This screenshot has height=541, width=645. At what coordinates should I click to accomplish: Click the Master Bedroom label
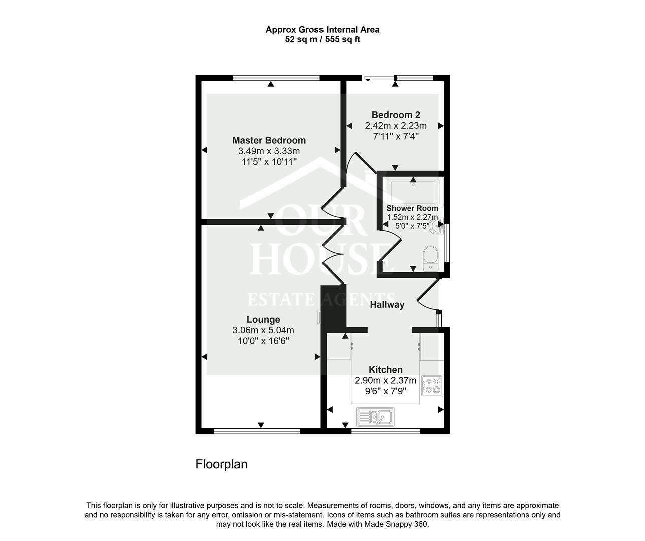269,140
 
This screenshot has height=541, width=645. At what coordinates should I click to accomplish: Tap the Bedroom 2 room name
396,115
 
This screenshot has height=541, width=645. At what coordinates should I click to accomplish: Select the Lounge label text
263,319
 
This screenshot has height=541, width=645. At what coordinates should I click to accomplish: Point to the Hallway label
387,305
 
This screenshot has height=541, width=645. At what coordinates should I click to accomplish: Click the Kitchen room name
385,370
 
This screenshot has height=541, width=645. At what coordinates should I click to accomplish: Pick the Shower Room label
412,208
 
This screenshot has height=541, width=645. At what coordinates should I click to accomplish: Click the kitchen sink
375,416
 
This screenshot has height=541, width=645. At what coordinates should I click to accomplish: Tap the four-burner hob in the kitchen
432,386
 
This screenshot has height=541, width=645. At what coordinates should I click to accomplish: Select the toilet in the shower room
430,258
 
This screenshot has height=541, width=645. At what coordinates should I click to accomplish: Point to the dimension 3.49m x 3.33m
269,151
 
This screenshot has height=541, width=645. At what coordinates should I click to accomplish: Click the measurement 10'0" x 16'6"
263,341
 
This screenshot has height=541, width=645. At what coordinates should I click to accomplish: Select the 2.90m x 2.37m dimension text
385,380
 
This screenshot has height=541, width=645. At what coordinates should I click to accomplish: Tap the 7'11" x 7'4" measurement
396,136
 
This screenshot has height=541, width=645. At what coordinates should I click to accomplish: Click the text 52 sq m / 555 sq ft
322,39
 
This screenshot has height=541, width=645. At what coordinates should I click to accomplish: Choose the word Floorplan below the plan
221,464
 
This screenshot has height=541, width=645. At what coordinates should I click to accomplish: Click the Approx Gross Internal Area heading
322,30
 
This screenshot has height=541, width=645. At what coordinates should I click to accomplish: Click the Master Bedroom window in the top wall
276,78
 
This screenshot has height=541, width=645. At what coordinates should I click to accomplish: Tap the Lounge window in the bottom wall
257,431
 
